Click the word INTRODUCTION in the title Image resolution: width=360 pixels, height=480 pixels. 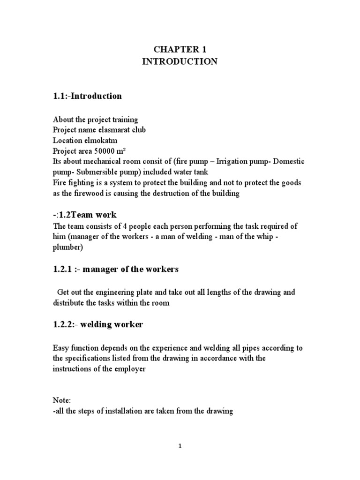click(180, 62)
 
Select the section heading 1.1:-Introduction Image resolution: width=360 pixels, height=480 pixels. click(87, 96)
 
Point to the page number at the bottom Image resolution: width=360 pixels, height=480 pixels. click(180, 447)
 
